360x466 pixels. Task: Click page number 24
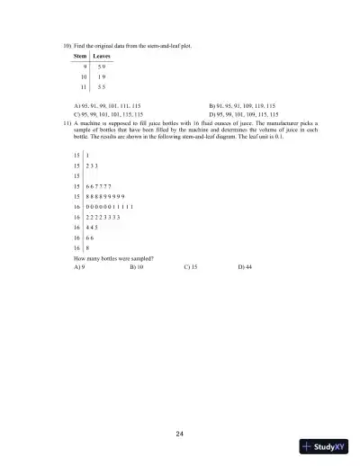pyautogui.click(x=180, y=435)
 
